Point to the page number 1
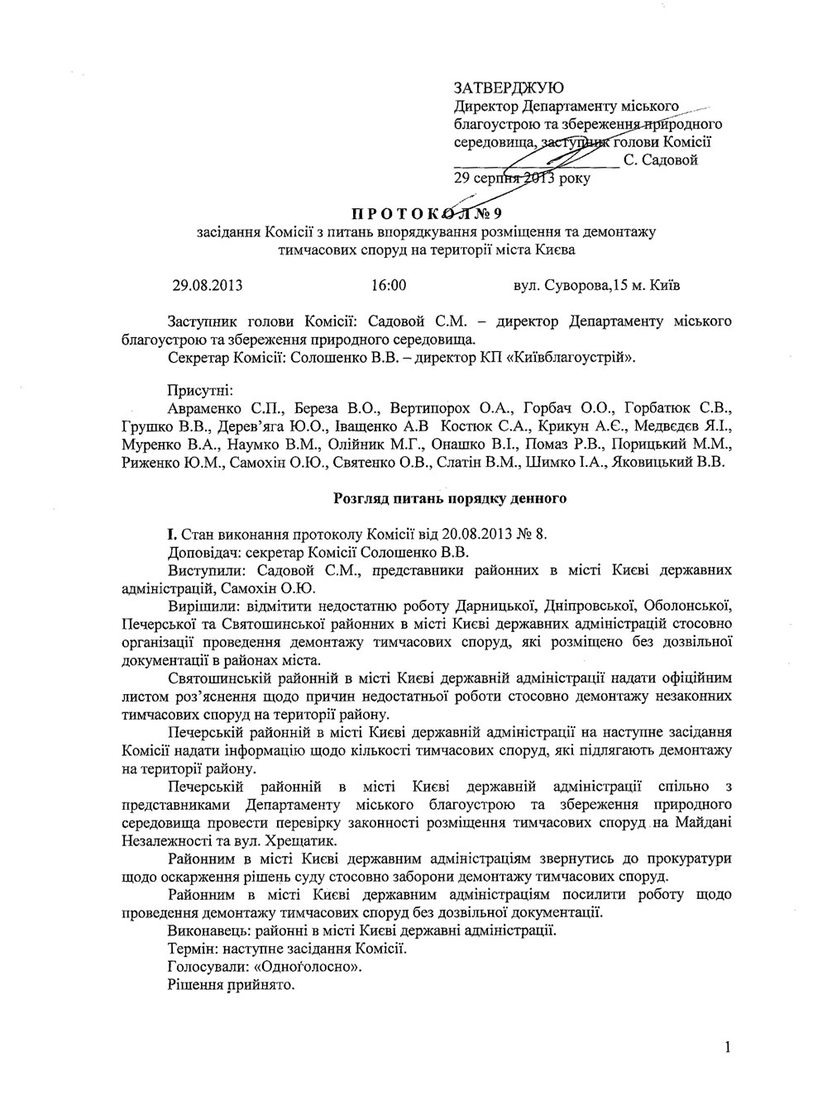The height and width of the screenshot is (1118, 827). pyautogui.click(x=727, y=1049)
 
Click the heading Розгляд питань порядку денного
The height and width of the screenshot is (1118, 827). pyautogui.click(x=449, y=498)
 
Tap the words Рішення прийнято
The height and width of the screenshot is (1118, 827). pyautogui.click(x=231, y=985)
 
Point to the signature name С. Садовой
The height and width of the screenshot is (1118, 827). pyautogui.click(x=661, y=160)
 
